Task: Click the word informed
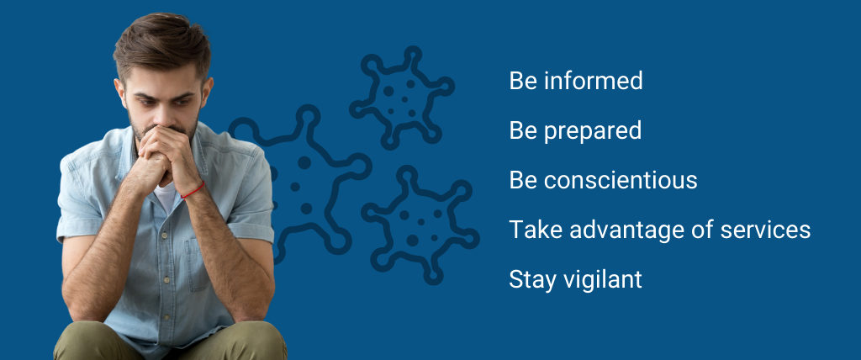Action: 594,81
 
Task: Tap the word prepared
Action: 593,132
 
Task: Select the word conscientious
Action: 621,180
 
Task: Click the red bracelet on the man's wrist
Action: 193,190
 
